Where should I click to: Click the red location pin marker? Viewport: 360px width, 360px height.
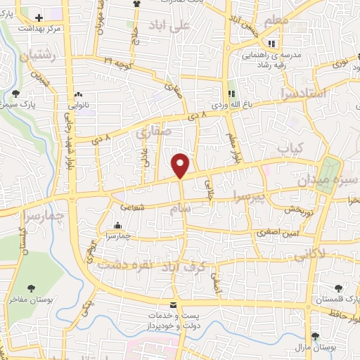tap(181, 165)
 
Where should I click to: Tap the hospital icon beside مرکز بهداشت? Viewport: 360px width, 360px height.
tap(39, 17)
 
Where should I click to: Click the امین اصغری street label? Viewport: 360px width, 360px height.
tap(271, 231)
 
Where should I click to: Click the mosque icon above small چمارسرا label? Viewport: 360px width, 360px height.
tap(117, 226)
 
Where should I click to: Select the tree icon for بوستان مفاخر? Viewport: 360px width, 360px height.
tap(31, 288)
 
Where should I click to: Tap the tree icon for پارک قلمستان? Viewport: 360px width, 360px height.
tap(340, 288)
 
